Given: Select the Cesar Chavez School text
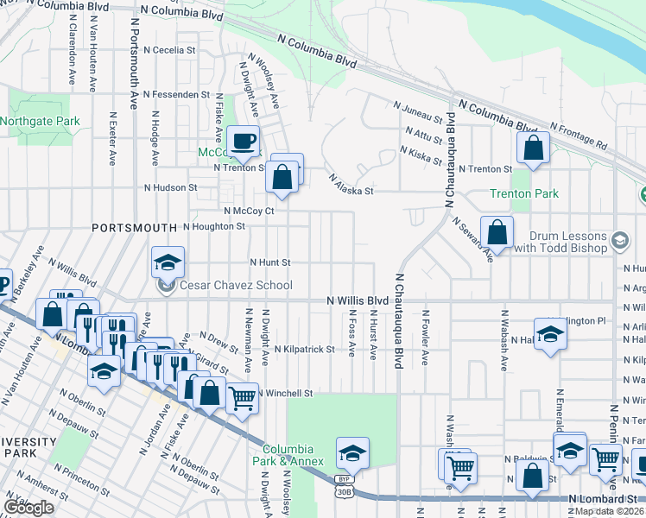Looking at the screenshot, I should click(235, 285).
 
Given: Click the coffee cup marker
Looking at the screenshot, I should click(244, 140).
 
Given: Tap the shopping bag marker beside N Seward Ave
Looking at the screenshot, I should click(497, 231).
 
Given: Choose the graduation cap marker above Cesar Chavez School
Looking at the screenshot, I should click(168, 262).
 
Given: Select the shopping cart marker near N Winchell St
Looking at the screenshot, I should click(244, 398).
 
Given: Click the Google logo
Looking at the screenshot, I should click(28, 508).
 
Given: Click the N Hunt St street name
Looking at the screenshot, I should click(270, 262).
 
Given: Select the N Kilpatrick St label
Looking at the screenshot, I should click(304, 350).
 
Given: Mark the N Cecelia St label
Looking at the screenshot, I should click(169, 50).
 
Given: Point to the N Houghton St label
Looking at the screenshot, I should click(214, 226).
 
